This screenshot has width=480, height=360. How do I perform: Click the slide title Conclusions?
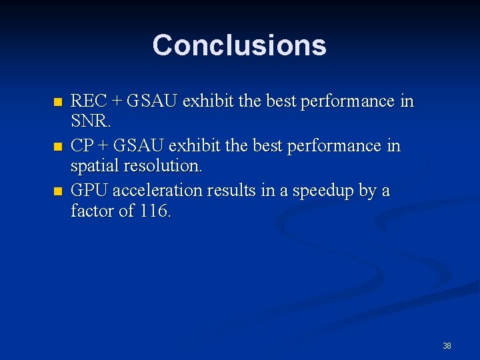239,45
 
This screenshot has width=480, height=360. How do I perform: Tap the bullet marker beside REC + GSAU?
57,103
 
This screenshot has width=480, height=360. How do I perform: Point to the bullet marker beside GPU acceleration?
57,192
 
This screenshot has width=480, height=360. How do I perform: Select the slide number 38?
447,346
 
